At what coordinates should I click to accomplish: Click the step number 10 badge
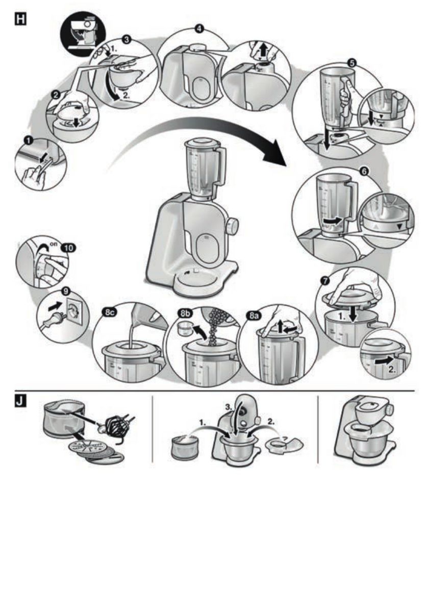tap(67, 248)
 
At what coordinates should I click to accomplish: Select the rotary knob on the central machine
tap(232, 225)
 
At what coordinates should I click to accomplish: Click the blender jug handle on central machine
tap(221, 164)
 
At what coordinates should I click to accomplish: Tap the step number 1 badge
tap(29, 138)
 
